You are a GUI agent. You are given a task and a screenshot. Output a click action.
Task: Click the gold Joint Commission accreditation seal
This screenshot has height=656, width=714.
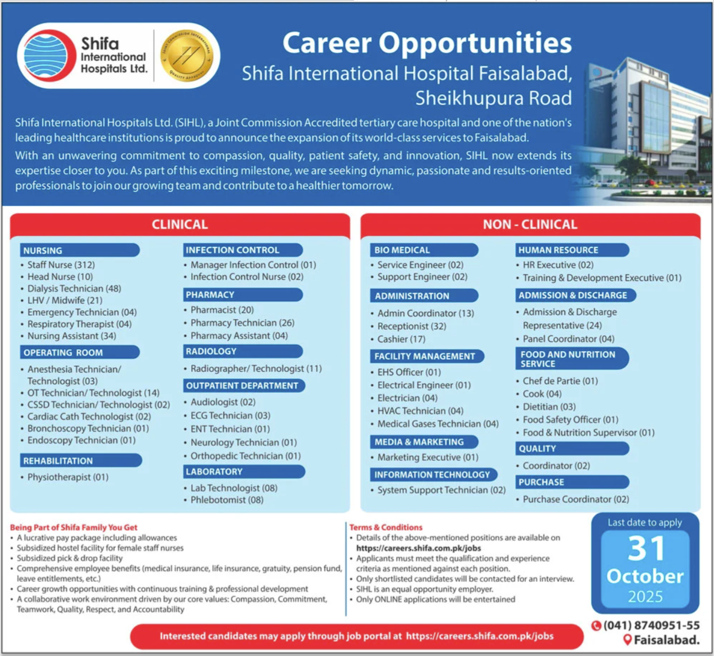point(187,56)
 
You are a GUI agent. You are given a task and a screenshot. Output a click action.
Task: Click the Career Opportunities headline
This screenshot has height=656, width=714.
point(427,43)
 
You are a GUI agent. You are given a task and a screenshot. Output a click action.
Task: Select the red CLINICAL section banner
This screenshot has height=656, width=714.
point(180,224)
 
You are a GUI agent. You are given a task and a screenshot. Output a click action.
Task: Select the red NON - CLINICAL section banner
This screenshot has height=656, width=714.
point(530,224)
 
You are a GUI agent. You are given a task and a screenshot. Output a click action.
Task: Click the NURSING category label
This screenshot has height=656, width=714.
point(43,251)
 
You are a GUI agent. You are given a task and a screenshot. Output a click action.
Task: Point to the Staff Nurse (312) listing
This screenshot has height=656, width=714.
point(61,265)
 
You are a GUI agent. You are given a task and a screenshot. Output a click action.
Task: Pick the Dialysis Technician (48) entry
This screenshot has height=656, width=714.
point(74,289)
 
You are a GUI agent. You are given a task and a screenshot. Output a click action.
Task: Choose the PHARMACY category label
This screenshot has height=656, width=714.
point(210,295)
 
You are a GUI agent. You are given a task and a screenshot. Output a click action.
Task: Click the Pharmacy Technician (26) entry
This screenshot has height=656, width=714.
point(242,323)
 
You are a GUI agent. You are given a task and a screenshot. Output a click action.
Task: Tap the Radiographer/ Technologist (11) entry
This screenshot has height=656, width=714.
point(256,368)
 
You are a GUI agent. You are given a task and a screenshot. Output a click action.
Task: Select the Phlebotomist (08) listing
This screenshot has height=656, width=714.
point(227,500)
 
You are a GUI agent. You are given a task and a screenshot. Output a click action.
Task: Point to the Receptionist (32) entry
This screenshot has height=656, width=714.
point(412,326)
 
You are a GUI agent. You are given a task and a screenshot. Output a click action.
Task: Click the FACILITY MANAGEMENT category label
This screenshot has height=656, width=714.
point(425,356)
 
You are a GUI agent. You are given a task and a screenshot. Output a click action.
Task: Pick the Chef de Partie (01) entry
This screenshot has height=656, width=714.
point(560,381)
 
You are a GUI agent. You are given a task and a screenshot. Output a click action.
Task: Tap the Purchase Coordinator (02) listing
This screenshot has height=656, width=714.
point(576,499)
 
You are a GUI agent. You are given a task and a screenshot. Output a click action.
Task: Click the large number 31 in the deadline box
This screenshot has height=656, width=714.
point(646,549)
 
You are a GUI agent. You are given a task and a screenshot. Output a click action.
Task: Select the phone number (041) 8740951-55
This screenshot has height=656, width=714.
point(651,626)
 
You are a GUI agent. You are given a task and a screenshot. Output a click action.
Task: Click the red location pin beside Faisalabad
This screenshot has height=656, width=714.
point(627,640)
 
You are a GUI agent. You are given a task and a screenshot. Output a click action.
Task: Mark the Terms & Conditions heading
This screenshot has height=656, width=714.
point(386,527)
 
